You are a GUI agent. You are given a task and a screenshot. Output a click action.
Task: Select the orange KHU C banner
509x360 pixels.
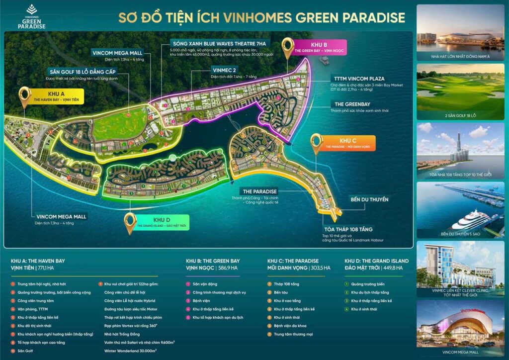pyautogui.click(x=350, y=143)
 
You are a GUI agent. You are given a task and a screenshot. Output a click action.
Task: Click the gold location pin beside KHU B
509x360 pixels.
pyautogui.click(x=287, y=48)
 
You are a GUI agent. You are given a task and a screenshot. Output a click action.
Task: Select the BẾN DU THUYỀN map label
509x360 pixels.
pyautogui.click(x=369, y=199)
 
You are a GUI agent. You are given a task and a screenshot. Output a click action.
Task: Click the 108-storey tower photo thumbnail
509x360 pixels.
pyautogui.click(x=460, y=150)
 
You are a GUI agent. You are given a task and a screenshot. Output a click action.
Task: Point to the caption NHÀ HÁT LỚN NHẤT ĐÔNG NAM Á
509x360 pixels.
pyautogui.click(x=460, y=56)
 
